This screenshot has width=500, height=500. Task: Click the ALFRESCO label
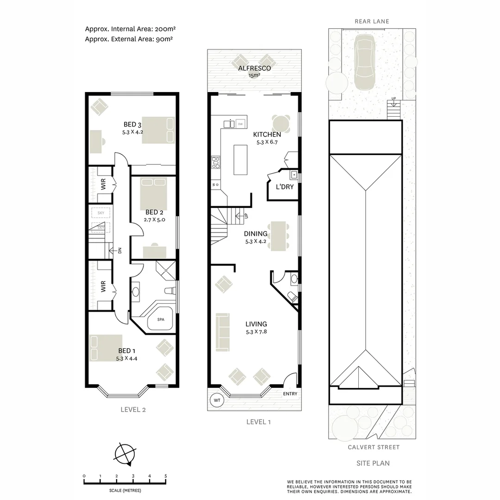[254, 68]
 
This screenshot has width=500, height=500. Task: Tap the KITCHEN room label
[267, 135]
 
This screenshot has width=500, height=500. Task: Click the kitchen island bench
[240, 160]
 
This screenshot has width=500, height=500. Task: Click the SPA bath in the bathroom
[161, 320]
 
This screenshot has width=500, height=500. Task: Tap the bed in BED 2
[153, 194]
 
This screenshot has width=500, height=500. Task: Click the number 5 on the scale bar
[166, 476]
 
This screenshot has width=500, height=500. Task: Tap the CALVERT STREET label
[374, 447]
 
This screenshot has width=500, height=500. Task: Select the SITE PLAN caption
[373, 463]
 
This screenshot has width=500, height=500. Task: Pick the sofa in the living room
[223, 331]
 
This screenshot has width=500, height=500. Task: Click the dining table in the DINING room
[278, 235]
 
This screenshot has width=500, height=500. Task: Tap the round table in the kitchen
[281, 124]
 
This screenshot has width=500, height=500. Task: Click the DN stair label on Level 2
[119, 250]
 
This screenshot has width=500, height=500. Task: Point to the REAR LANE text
[372, 21]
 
